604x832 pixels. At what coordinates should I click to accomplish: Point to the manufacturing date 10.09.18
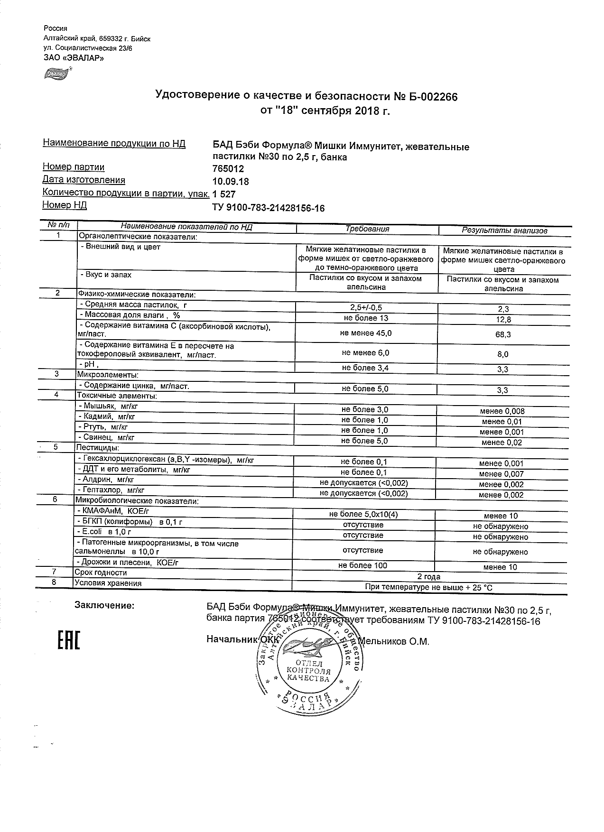tap(231, 182)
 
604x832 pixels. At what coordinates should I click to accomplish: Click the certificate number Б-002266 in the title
tap(430, 97)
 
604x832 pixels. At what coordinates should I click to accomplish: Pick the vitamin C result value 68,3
tap(502, 334)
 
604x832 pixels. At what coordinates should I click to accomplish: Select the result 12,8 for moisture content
tap(502, 320)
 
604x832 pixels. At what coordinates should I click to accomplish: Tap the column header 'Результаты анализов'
tap(504, 231)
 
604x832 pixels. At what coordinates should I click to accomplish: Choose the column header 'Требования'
tap(367, 229)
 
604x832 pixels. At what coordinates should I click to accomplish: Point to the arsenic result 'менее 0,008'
tap(502, 411)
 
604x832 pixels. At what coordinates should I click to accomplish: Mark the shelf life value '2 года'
tap(428, 577)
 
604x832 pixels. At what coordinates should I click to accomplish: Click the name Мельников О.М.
tap(393, 642)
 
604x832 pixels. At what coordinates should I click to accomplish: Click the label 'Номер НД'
tap(65, 205)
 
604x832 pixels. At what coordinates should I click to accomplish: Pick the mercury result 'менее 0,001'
tap(502, 432)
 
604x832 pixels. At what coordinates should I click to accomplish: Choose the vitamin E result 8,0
tap(502, 354)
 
